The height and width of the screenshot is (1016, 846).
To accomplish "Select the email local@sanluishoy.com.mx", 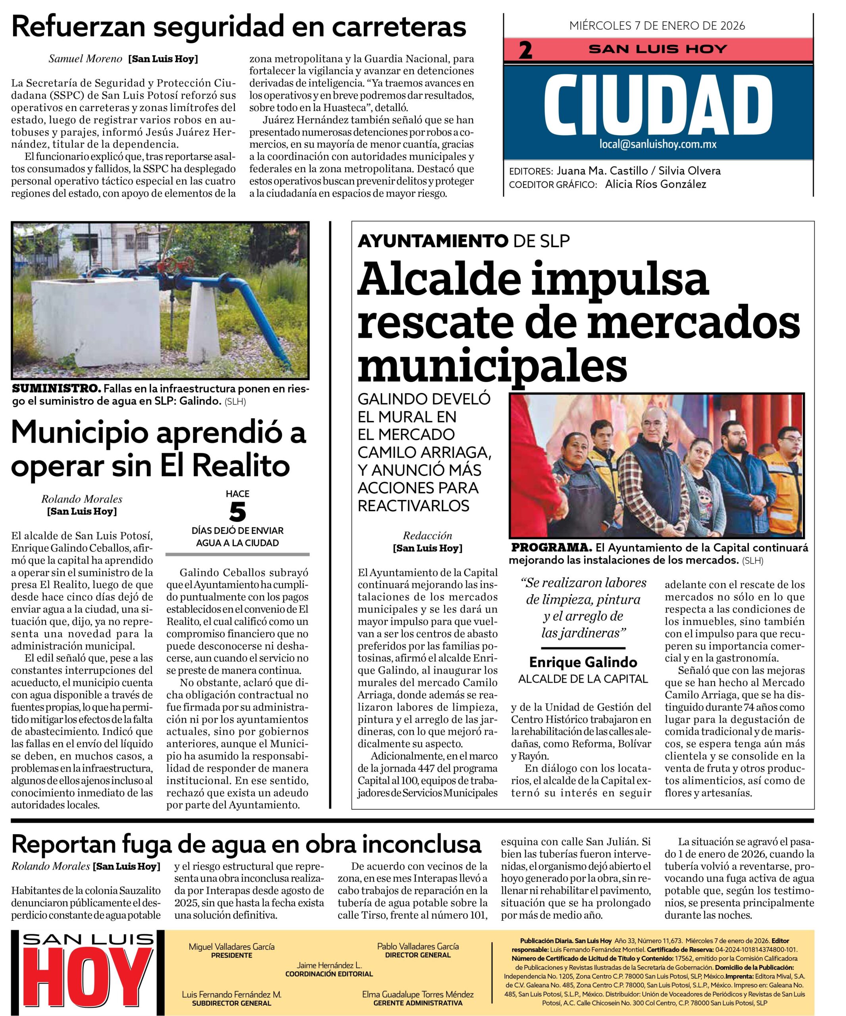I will pyautogui.click(x=658, y=144).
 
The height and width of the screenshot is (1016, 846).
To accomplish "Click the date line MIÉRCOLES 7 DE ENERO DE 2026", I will pyautogui.click(x=657, y=26).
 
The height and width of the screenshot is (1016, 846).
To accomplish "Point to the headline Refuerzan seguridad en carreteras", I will pyautogui.click(x=238, y=27).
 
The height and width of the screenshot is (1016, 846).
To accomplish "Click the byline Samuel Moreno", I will pyautogui.click(x=85, y=59).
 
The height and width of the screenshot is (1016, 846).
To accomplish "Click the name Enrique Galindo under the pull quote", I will pyautogui.click(x=583, y=662).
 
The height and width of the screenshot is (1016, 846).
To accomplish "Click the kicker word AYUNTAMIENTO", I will pyautogui.click(x=433, y=241).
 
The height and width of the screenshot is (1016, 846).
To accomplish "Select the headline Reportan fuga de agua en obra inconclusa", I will pyautogui.click(x=246, y=844).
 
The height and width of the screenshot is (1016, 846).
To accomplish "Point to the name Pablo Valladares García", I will pyautogui.click(x=418, y=946).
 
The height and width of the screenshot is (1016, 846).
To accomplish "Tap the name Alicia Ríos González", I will pyautogui.click(x=656, y=184).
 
